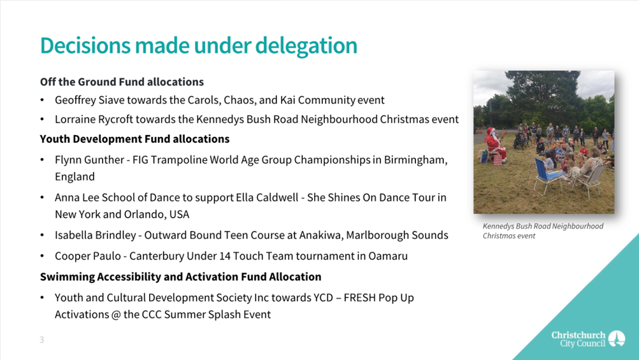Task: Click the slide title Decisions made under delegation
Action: pos(199,46)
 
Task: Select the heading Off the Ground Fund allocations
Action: pos(122,82)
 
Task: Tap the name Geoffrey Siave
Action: pos(84,100)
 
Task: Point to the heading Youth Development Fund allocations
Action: pos(134,139)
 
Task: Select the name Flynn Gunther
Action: pos(89,160)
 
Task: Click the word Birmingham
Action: pos(415,160)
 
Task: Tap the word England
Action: pos(75,176)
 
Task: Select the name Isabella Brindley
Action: pos(96,235)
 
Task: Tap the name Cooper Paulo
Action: pos(88,256)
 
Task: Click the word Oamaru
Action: pos(388,256)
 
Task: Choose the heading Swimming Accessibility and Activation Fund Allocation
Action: pos(180,277)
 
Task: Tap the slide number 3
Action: pos(41,340)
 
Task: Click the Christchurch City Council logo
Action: pos(588,339)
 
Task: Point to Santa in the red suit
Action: pos(495,143)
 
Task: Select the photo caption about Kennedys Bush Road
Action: pos(543,231)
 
